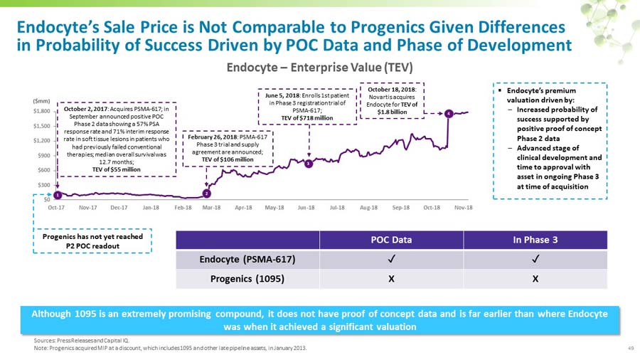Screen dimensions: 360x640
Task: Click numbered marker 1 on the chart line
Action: pos(58,194)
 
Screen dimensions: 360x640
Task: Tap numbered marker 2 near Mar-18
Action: pos(206,193)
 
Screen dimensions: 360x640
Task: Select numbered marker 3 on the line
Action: pos(308,164)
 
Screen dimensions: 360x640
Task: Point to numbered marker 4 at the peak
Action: pos(449,114)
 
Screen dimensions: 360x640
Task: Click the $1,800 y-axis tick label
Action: pos(41,112)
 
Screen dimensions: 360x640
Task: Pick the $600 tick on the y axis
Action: pos(43,170)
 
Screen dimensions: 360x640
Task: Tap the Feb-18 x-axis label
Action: pos(183,207)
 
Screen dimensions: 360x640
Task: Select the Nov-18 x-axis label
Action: pos(463,207)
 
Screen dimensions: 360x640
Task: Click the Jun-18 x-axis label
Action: pos(306,207)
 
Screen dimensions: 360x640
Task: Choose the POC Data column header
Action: pos(390,239)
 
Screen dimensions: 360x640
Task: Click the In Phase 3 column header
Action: pos(535,239)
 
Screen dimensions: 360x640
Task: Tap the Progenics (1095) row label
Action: pos(247,279)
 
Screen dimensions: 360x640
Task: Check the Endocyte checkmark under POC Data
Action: pos(391,259)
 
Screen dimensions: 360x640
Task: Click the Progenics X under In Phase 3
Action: pos(535,279)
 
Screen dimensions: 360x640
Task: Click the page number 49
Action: pos(630,349)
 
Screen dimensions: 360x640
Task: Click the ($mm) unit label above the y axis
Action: pos(42,102)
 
